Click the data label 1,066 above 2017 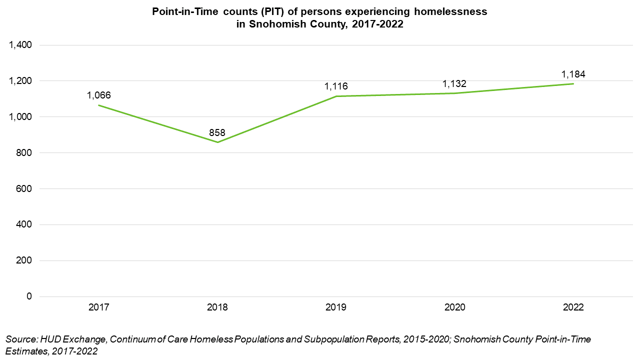(98, 95)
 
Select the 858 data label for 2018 (217, 133)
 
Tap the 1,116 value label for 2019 (336, 86)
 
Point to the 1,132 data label (454, 83)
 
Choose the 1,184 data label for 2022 (573, 74)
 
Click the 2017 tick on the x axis (98, 307)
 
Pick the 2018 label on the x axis (217, 307)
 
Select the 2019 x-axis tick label (336, 307)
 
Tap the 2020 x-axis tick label (454, 307)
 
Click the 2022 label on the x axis (573, 307)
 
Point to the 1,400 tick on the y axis (20, 45)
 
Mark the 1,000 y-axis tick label (20, 117)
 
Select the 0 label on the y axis (29, 296)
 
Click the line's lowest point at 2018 (217, 142)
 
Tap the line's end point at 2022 (573, 83)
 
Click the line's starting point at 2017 (98, 105)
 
